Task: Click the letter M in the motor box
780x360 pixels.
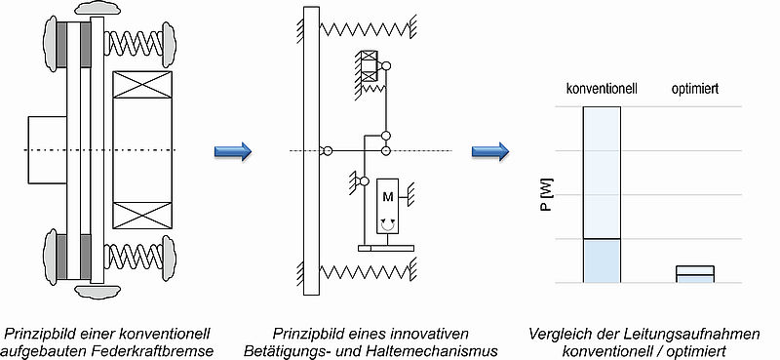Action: click(x=388, y=197)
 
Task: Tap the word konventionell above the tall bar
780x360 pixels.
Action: click(x=602, y=89)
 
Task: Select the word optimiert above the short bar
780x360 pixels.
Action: click(x=694, y=90)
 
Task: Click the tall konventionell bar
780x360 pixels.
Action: click(x=602, y=195)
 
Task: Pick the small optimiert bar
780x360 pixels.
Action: click(x=695, y=274)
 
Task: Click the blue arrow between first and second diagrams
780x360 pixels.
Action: click(x=233, y=151)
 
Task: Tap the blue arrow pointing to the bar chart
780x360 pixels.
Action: click(x=490, y=151)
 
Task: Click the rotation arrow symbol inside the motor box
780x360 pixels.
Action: click(x=388, y=225)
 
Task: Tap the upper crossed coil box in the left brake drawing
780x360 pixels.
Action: click(x=142, y=84)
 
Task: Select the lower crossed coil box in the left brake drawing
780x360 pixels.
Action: click(x=142, y=216)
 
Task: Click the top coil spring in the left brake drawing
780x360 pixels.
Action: click(x=136, y=44)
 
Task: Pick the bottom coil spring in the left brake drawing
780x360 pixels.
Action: click(x=136, y=257)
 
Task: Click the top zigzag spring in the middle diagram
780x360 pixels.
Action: click(x=364, y=29)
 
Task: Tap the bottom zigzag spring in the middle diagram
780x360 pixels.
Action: click(x=364, y=272)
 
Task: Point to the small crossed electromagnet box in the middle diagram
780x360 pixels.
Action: click(x=370, y=66)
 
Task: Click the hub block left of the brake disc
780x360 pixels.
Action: click(x=47, y=150)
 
